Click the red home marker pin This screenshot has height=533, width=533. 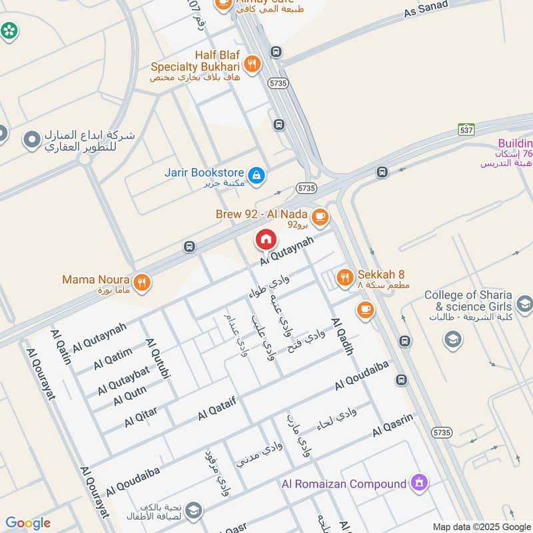pyautogui.click(x=266, y=239)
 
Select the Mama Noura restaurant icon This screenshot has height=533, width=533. pyautogui.click(x=141, y=282)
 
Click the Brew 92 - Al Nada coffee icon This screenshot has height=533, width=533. pyautogui.click(x=320, y=216)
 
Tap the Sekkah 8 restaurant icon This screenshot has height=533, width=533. pyautogui.click(x=344, y=277)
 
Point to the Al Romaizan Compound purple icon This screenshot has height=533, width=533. pyautogui.click(x=419, y=482)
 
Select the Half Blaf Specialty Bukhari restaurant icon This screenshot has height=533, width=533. pyautogui.click(x=252, y=64)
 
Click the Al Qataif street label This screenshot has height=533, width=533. pyautogui.click(x=217, y=406)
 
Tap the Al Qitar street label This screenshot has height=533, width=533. pyautogui.click(x=140, y=417)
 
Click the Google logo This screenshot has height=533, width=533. pyautogui.click(x=27, y=523)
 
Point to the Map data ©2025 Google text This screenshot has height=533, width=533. pyautogui.click(x=480, y=526)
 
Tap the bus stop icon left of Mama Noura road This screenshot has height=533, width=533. pyautogui.click(x=190, y=247)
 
